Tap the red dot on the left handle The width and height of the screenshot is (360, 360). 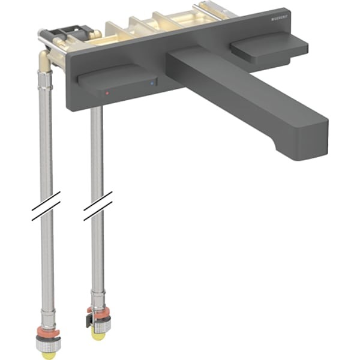(x=107, y=94)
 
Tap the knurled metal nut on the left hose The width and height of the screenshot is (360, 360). (x=47, y=344)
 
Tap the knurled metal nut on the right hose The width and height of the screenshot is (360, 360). (x=100, y=324)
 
